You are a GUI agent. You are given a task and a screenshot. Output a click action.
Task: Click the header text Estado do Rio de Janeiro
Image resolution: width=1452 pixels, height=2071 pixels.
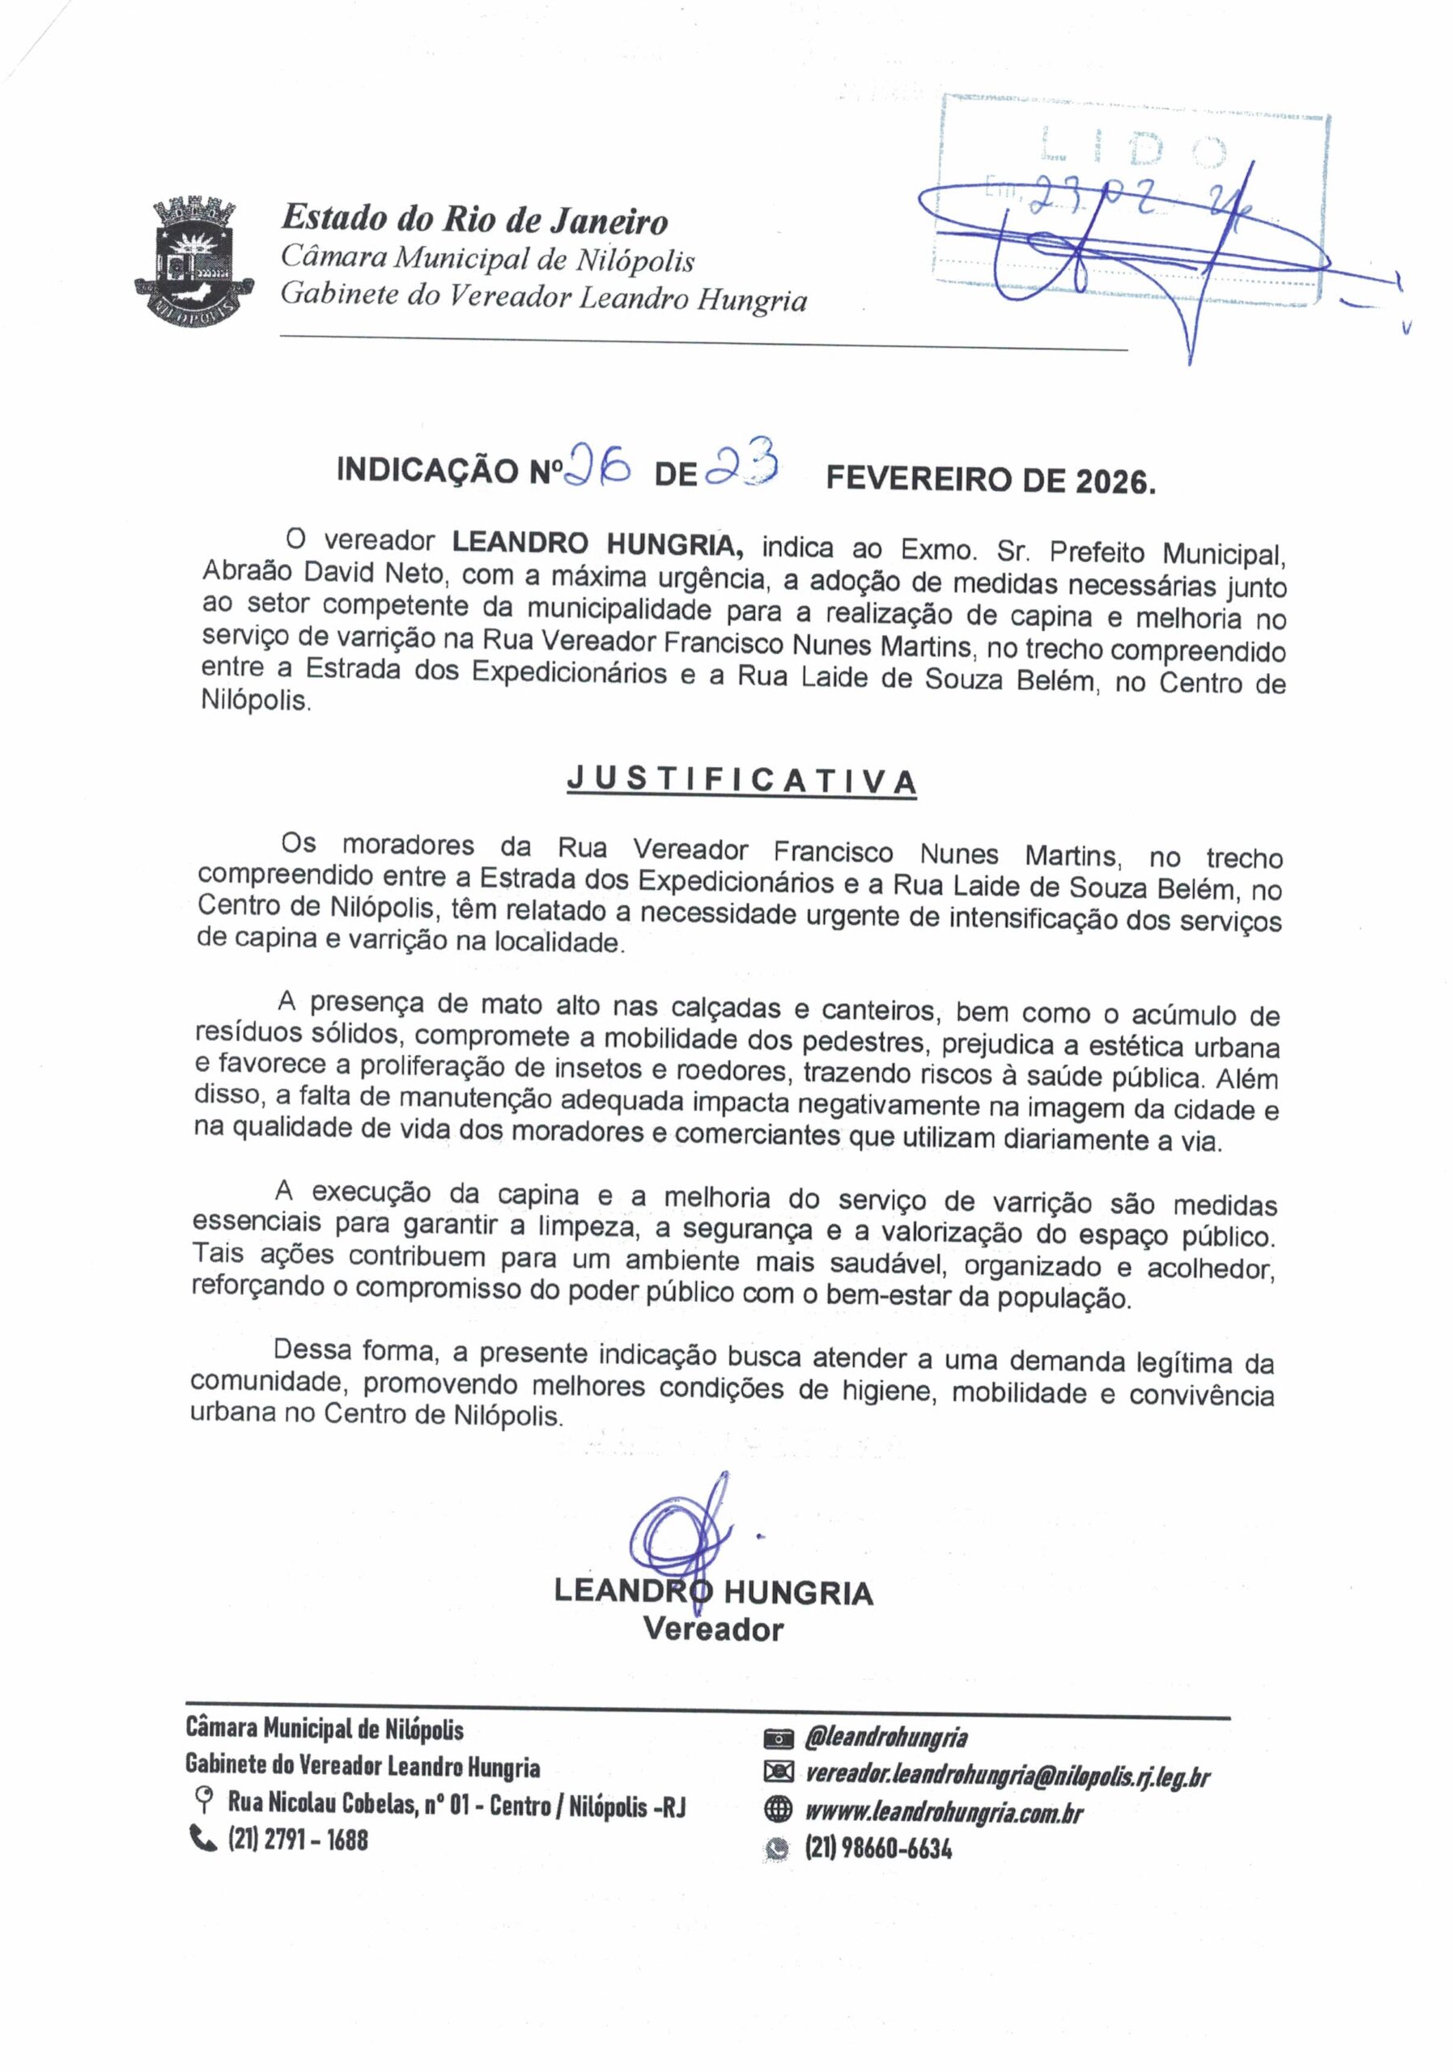pos(474,219)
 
